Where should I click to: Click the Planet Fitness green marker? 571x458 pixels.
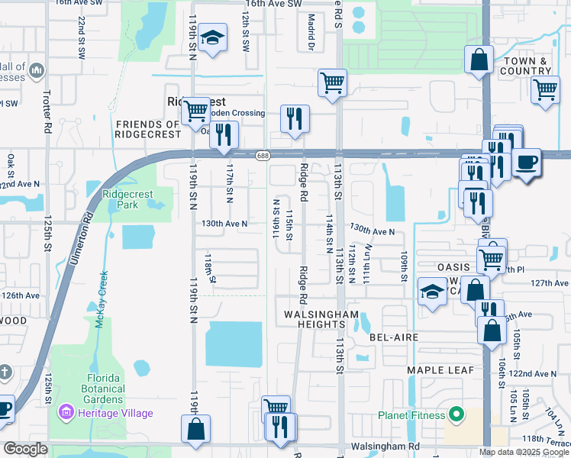tap(456, 415)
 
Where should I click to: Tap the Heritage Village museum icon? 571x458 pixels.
tap(65, 413)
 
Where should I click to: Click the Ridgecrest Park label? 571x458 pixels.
tap(128, 199)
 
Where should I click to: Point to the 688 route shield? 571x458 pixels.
tap(261, 155)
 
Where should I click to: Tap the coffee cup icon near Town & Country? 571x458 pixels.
tap(527, 163)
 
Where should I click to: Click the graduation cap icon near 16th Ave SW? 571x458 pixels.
tap(211, 37)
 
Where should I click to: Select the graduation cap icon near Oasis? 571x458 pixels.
tap(432, 292)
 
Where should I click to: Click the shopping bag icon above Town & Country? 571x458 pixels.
tap(479, 60)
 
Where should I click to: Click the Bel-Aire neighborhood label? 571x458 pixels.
tap(391, 337)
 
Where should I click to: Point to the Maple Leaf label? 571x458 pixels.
tap(440, 370)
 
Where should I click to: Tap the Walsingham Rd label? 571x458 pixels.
tap(386, 446)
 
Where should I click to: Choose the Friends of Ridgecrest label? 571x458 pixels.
tap(147, 129)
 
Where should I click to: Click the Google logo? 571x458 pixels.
tap(25, 448)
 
